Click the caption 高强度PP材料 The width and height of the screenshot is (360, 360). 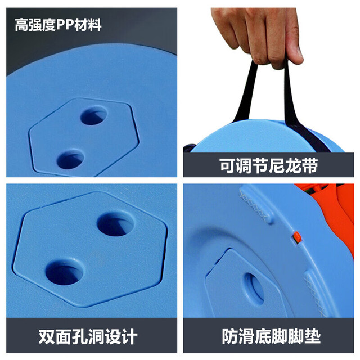point(58,25)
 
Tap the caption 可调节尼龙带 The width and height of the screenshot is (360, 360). point(269,165)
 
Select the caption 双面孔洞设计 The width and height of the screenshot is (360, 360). point(88,336)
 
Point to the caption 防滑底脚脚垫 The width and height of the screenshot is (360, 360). point(271,336)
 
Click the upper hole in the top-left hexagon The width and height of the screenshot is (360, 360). point(94,115)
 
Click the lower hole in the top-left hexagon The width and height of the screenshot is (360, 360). point(70,159)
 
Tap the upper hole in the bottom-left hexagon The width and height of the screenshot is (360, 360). point(115,224)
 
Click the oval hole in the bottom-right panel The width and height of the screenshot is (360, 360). point(255,288)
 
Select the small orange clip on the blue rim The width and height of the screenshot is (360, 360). point(298,237)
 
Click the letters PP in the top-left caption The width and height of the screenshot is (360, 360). point(65,25)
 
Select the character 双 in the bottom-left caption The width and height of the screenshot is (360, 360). point(47,336)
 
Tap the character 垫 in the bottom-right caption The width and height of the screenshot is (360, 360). point(313,336)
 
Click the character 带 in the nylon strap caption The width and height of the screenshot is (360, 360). point(310,165)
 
